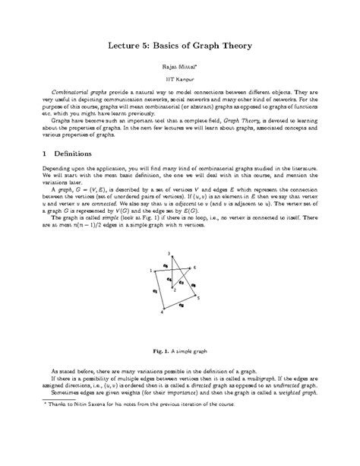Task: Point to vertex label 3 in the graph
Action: click(169, 253)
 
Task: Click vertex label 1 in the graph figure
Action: click(150, 270)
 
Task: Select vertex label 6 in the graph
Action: click(195, 268)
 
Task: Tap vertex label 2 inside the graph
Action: click(175, 290)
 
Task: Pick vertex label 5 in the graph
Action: click(199, 299)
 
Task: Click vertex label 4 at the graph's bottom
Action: click(163, 312)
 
